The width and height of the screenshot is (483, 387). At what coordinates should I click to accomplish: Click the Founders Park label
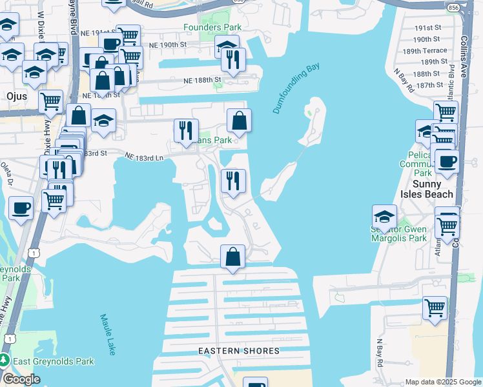(212, 27)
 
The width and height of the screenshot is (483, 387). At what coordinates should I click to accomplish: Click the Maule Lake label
(107, 334)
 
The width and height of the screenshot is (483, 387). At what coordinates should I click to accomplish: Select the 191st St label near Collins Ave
(427, 28)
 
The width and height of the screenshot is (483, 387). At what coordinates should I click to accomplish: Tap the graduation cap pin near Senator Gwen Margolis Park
(384, 216)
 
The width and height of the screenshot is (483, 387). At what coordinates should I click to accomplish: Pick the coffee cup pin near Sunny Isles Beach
(447, 161)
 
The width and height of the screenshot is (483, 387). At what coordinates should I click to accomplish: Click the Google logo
(21, 379)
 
